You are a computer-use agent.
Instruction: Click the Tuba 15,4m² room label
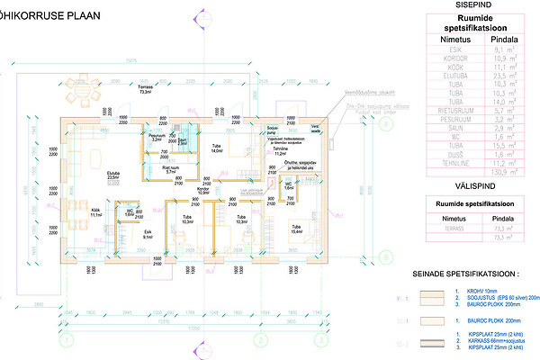294,229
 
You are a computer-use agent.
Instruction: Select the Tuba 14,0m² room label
217,148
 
